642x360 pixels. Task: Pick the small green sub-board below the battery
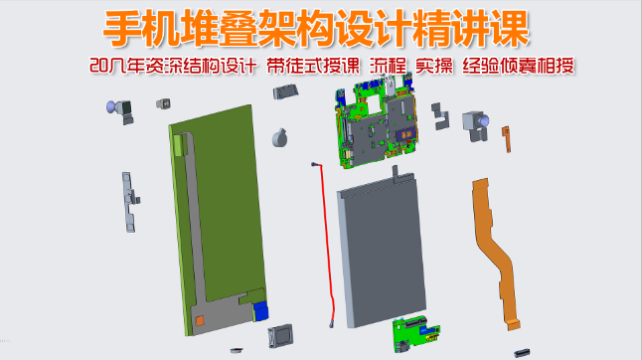(415, 332)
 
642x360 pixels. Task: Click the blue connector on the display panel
(260, 309)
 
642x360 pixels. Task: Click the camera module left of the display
(124, 110)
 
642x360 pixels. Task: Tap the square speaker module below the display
(281, 337)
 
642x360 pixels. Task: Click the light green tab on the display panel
(179, 143)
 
